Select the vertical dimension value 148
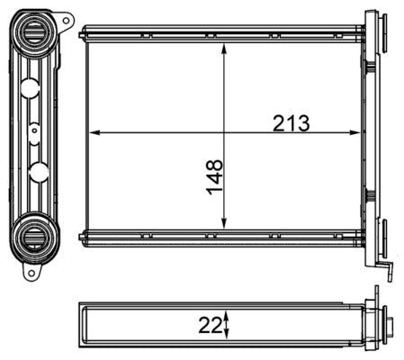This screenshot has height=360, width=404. click(214, 177)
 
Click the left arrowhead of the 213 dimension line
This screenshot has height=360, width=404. click(94, 133)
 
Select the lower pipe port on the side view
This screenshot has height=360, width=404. click(36, 236)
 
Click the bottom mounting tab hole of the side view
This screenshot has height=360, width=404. click(30, 271)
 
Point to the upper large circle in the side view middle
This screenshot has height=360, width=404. click(29, 88)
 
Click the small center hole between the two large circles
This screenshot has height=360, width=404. click(34, 130)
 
